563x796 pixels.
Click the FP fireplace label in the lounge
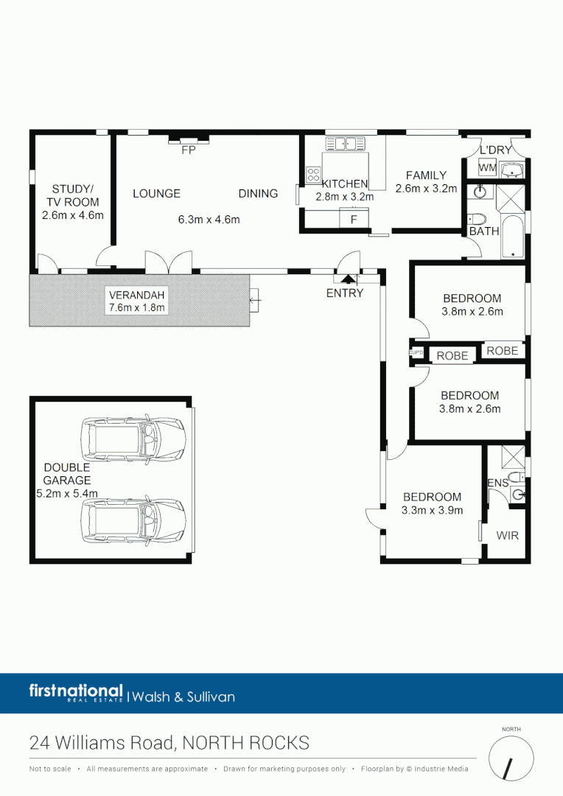tap(188, 150)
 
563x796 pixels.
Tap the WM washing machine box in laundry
tap(486, 168)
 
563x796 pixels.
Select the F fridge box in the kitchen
tap(354, 220)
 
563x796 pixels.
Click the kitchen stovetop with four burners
tap(313, 175)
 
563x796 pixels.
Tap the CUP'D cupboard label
tap(416, 354)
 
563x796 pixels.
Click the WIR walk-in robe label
tap(507, 535)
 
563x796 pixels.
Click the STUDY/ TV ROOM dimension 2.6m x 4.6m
tap(73, 216)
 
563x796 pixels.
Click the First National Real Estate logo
tap(76, 693)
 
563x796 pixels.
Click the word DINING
tap(258, 193)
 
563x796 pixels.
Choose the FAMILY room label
tap(426, 175)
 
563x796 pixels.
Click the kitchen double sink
tap(343, 143)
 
